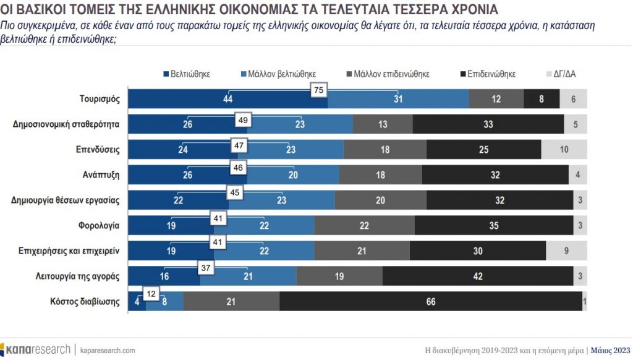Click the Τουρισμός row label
click(x=99, y=99)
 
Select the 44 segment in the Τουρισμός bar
click(x=227, y=99)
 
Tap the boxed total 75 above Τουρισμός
click(x=319, y=90)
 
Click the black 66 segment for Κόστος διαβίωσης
click(x=431, y=301)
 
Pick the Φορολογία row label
click(x=99, y=225)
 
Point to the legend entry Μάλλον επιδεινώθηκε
click(x=391, y=74)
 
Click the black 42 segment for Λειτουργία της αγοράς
click(x=478, y=276)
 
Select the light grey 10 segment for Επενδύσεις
click(x=564, y=150)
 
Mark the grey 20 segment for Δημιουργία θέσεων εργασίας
click(x=380, y=200)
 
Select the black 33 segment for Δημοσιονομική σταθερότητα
click(x=488, y=124)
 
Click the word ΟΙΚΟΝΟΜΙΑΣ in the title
click(x=259, y=11)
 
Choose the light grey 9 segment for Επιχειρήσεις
click(x=566, y=251)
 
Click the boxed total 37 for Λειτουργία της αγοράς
click(x=206, y=268)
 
